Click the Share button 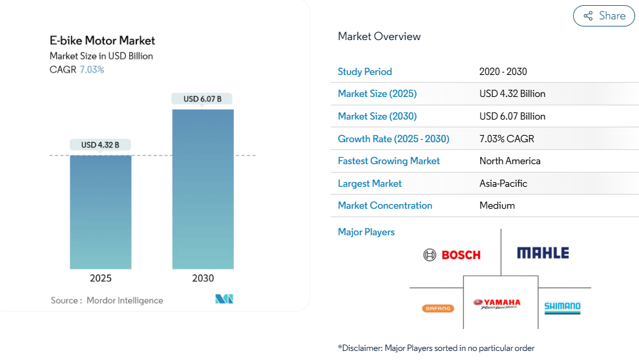604,16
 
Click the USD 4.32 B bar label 100,145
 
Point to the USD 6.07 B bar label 202,99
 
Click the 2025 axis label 101,279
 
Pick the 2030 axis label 203,279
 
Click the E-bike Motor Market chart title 102,41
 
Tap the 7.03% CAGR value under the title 91,70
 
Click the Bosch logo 452,255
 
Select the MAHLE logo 543,253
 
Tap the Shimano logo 562,308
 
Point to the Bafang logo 437,308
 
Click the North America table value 510,161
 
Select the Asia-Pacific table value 503,184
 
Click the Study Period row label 364,72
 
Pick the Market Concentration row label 384,206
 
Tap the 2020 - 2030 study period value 503,72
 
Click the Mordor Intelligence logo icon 224,299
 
